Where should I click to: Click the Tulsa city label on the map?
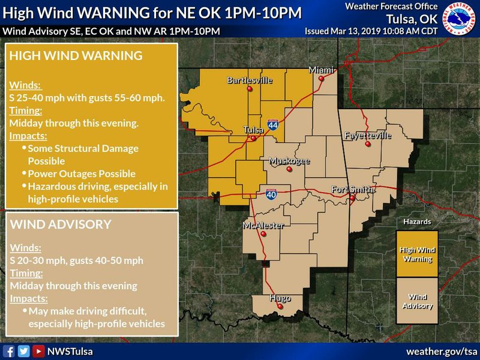pos(253,130)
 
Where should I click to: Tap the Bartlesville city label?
pos(250,80)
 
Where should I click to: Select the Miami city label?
pos(320,70)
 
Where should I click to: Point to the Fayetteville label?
pos(368,136)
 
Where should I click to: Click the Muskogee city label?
pos(290,161)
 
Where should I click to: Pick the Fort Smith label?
pos(353,190)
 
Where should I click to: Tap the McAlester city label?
pos(263,226)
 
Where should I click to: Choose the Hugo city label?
pos(280,298)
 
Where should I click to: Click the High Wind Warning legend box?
pos(417,254)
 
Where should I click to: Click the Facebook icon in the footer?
pos(9,351)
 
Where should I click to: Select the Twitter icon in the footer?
pos(23,351)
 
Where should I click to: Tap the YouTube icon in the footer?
pos(38,351)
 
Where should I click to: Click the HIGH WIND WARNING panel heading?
pos(76,56)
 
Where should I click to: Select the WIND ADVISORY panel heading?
pos(61,224)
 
